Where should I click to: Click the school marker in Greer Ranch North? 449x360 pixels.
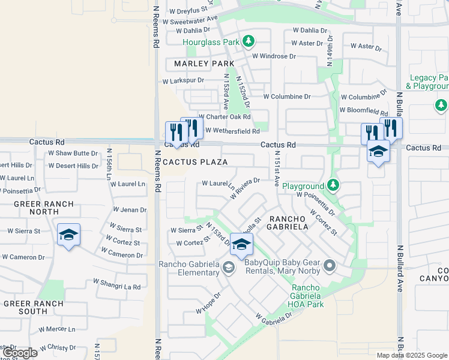[x=68, y=235]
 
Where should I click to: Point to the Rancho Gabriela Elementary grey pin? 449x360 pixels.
[x=228, y=267]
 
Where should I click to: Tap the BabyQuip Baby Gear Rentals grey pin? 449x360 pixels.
[x=328, y=265]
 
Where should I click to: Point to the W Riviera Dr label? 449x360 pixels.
[x=245, y=188]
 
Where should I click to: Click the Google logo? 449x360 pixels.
[x=20, y=353]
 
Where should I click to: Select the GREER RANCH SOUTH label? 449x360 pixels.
[x=34, y=307]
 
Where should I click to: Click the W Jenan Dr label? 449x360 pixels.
[x=130, y=210]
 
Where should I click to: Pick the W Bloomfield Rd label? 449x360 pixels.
[x=363, y=110]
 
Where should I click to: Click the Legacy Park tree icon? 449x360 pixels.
[x=441, y=106]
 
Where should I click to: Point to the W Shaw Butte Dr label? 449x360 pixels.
[x=73, y=153]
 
